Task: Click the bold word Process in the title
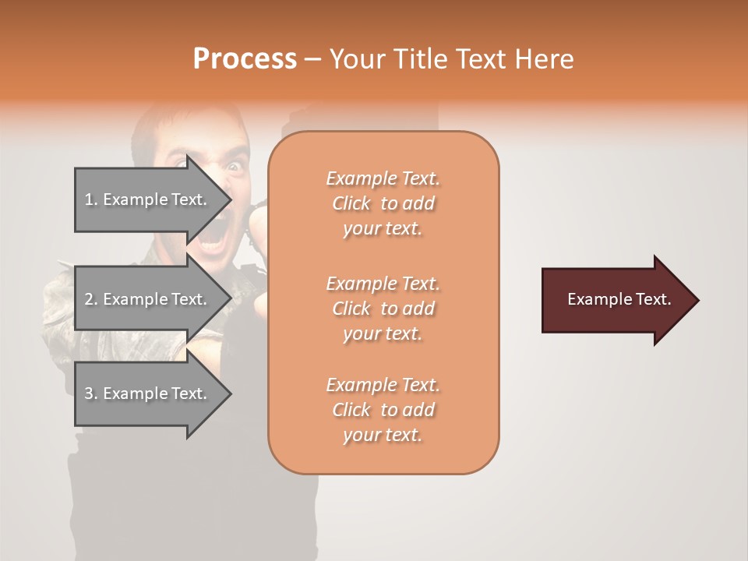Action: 245,59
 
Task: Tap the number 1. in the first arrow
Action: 91,199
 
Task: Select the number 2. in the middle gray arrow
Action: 91,299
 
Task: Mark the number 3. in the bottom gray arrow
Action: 91,393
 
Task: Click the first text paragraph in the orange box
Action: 383,203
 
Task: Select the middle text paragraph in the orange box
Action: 383,309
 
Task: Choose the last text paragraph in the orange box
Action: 383,410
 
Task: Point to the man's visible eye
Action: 233,168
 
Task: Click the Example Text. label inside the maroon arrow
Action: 619,299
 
